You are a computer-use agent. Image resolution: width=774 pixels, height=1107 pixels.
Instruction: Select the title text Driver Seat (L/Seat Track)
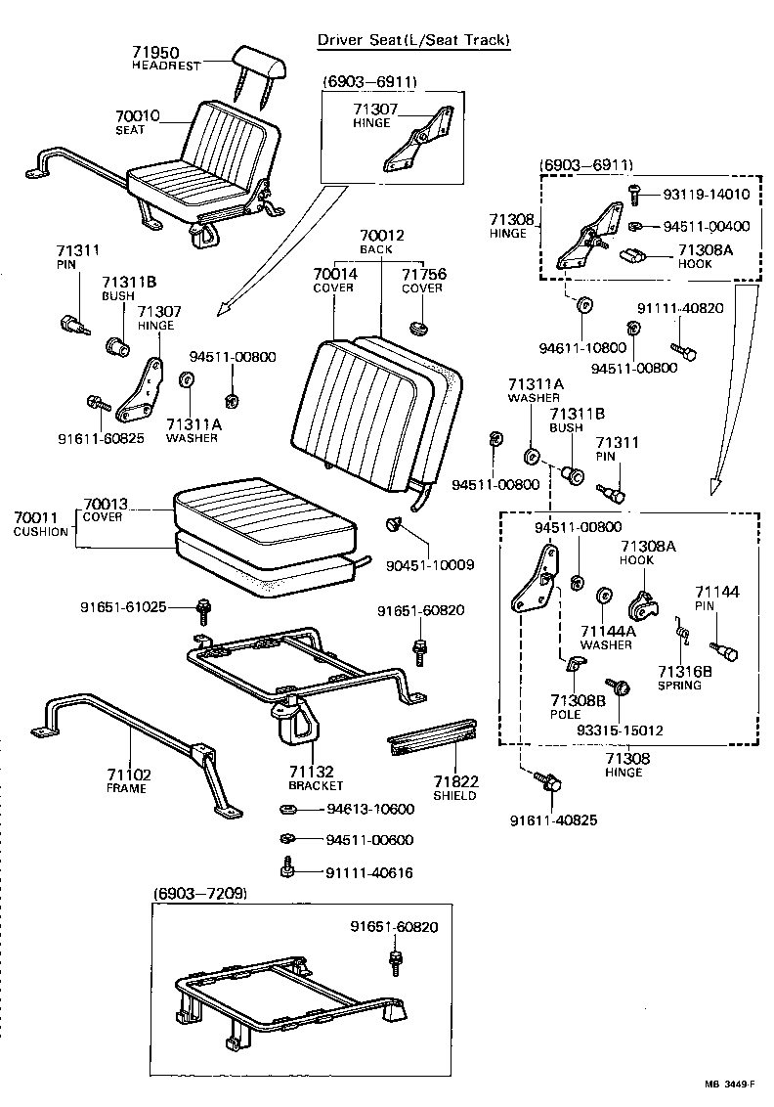tap(413, 40)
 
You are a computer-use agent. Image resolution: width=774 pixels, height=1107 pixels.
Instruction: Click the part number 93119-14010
tap(700, 195)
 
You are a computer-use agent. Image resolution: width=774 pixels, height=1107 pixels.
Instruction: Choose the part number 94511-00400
tap(700, 227)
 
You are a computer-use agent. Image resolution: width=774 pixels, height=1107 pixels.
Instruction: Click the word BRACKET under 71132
tap(316, 785)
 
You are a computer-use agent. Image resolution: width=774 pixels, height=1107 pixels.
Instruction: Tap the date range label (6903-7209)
tap(199, 894)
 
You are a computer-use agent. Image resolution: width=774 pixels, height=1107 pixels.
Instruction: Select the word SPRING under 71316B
tap(679, 686)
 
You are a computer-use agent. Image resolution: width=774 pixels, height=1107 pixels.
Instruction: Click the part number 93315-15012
tap(620, 730)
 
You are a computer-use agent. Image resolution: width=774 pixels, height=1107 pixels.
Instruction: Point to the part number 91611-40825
tap(553, 819)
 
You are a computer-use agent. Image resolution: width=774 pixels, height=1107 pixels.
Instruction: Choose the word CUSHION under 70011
tap(41, 532)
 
